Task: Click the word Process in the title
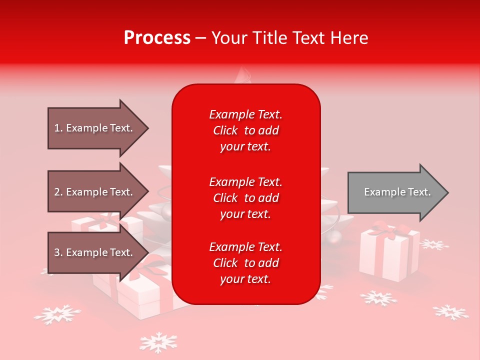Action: coord(157,38)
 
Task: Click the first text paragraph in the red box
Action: coord(245,130)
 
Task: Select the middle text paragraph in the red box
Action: coord(245,197)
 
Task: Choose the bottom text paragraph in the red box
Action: coord(245,263)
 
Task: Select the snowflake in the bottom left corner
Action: coord(57,314)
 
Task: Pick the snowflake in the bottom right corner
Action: coord(450,312)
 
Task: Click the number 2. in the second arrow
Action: coord(58,192)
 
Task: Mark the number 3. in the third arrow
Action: coord(58,252)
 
